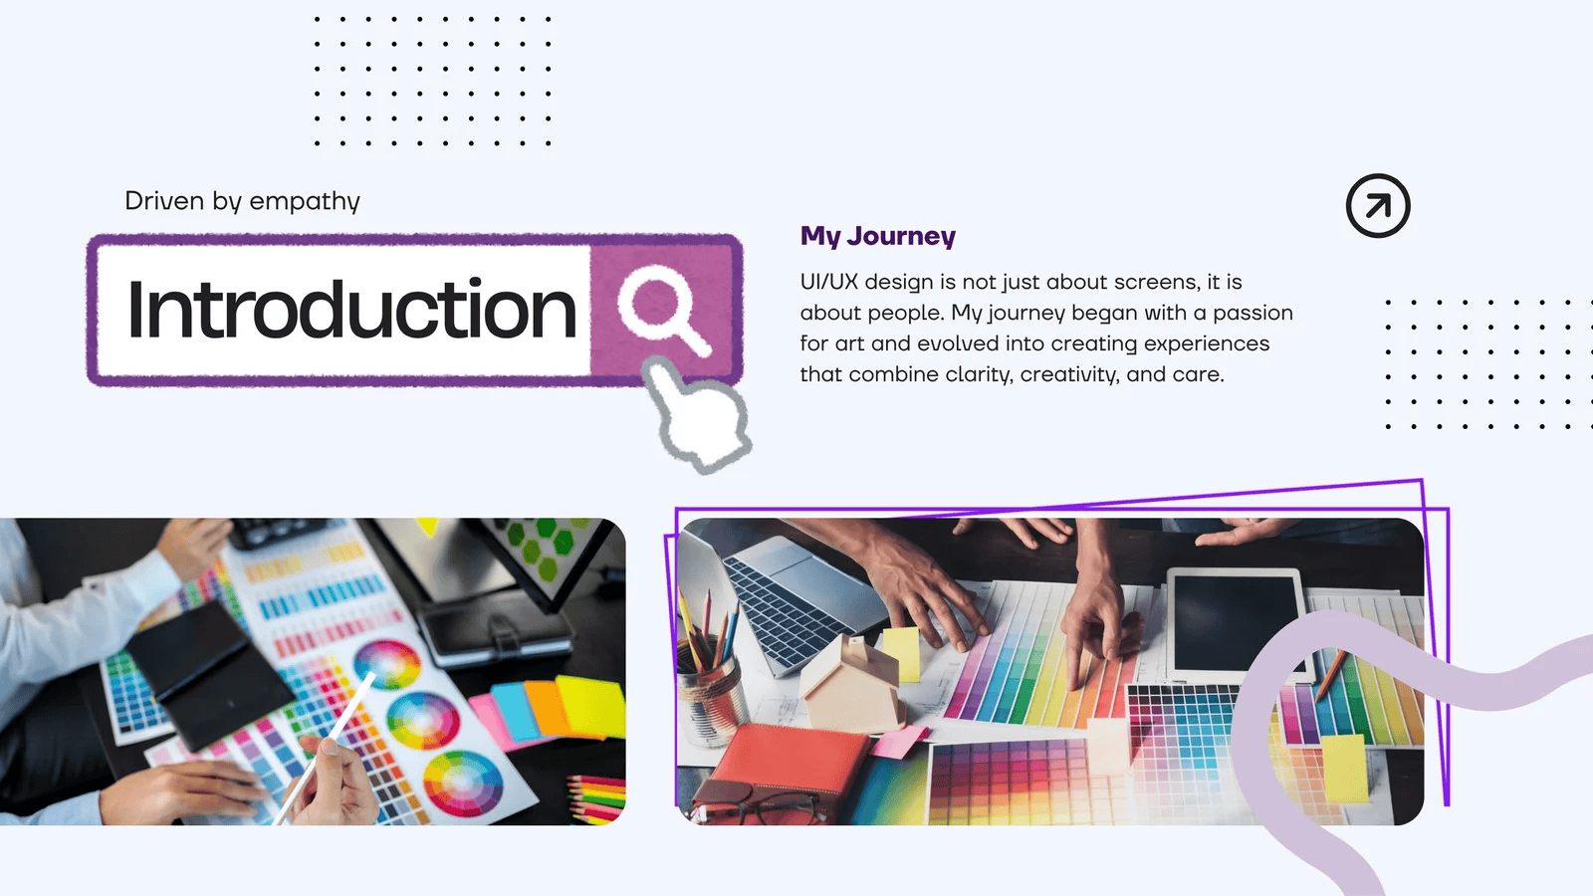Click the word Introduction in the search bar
[351, 310]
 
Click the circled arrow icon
[1378, 205]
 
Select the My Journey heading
[877, 235]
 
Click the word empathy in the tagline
[305, 201]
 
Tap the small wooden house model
[851, 683]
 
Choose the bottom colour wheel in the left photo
[463, 784]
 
